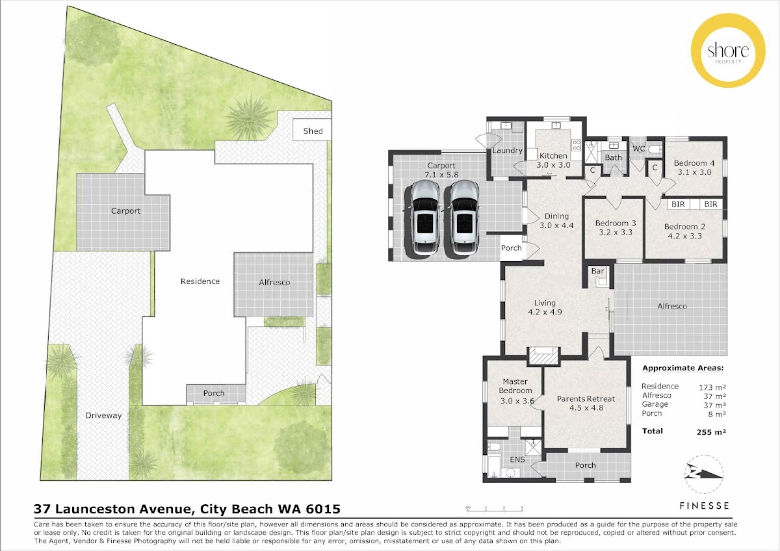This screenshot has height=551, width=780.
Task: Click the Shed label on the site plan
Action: (x=313, y=131)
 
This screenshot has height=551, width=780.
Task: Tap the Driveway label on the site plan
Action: (x=103, y=415)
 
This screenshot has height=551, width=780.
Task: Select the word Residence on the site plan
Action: (x=200, y=281)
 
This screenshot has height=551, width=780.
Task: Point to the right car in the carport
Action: (x=463, y=219)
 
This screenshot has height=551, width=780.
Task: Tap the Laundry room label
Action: (x=508, y=150)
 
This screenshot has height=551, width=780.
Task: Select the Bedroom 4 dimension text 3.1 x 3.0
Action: (x=694, y=172)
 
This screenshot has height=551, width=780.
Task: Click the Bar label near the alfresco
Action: (x=597, y=271)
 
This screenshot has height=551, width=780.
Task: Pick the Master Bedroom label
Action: (x=515, y=386)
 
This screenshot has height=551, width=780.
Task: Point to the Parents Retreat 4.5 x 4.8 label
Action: (x=586, y=403)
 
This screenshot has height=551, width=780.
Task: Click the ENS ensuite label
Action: (x=517, y=459)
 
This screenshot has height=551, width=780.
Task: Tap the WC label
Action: (x=638, y=149)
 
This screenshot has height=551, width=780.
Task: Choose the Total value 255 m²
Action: (x=711, y=432)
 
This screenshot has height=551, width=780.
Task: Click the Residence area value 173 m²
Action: (x=712, y=387)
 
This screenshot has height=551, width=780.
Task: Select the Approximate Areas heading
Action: (x=683, y=368)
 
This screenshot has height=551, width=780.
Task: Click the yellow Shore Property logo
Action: (x=728, y=50)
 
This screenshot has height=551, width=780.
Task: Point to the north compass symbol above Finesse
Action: (x=704, y=474)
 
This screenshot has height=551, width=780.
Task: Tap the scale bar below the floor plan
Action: (x=494, y=509)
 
